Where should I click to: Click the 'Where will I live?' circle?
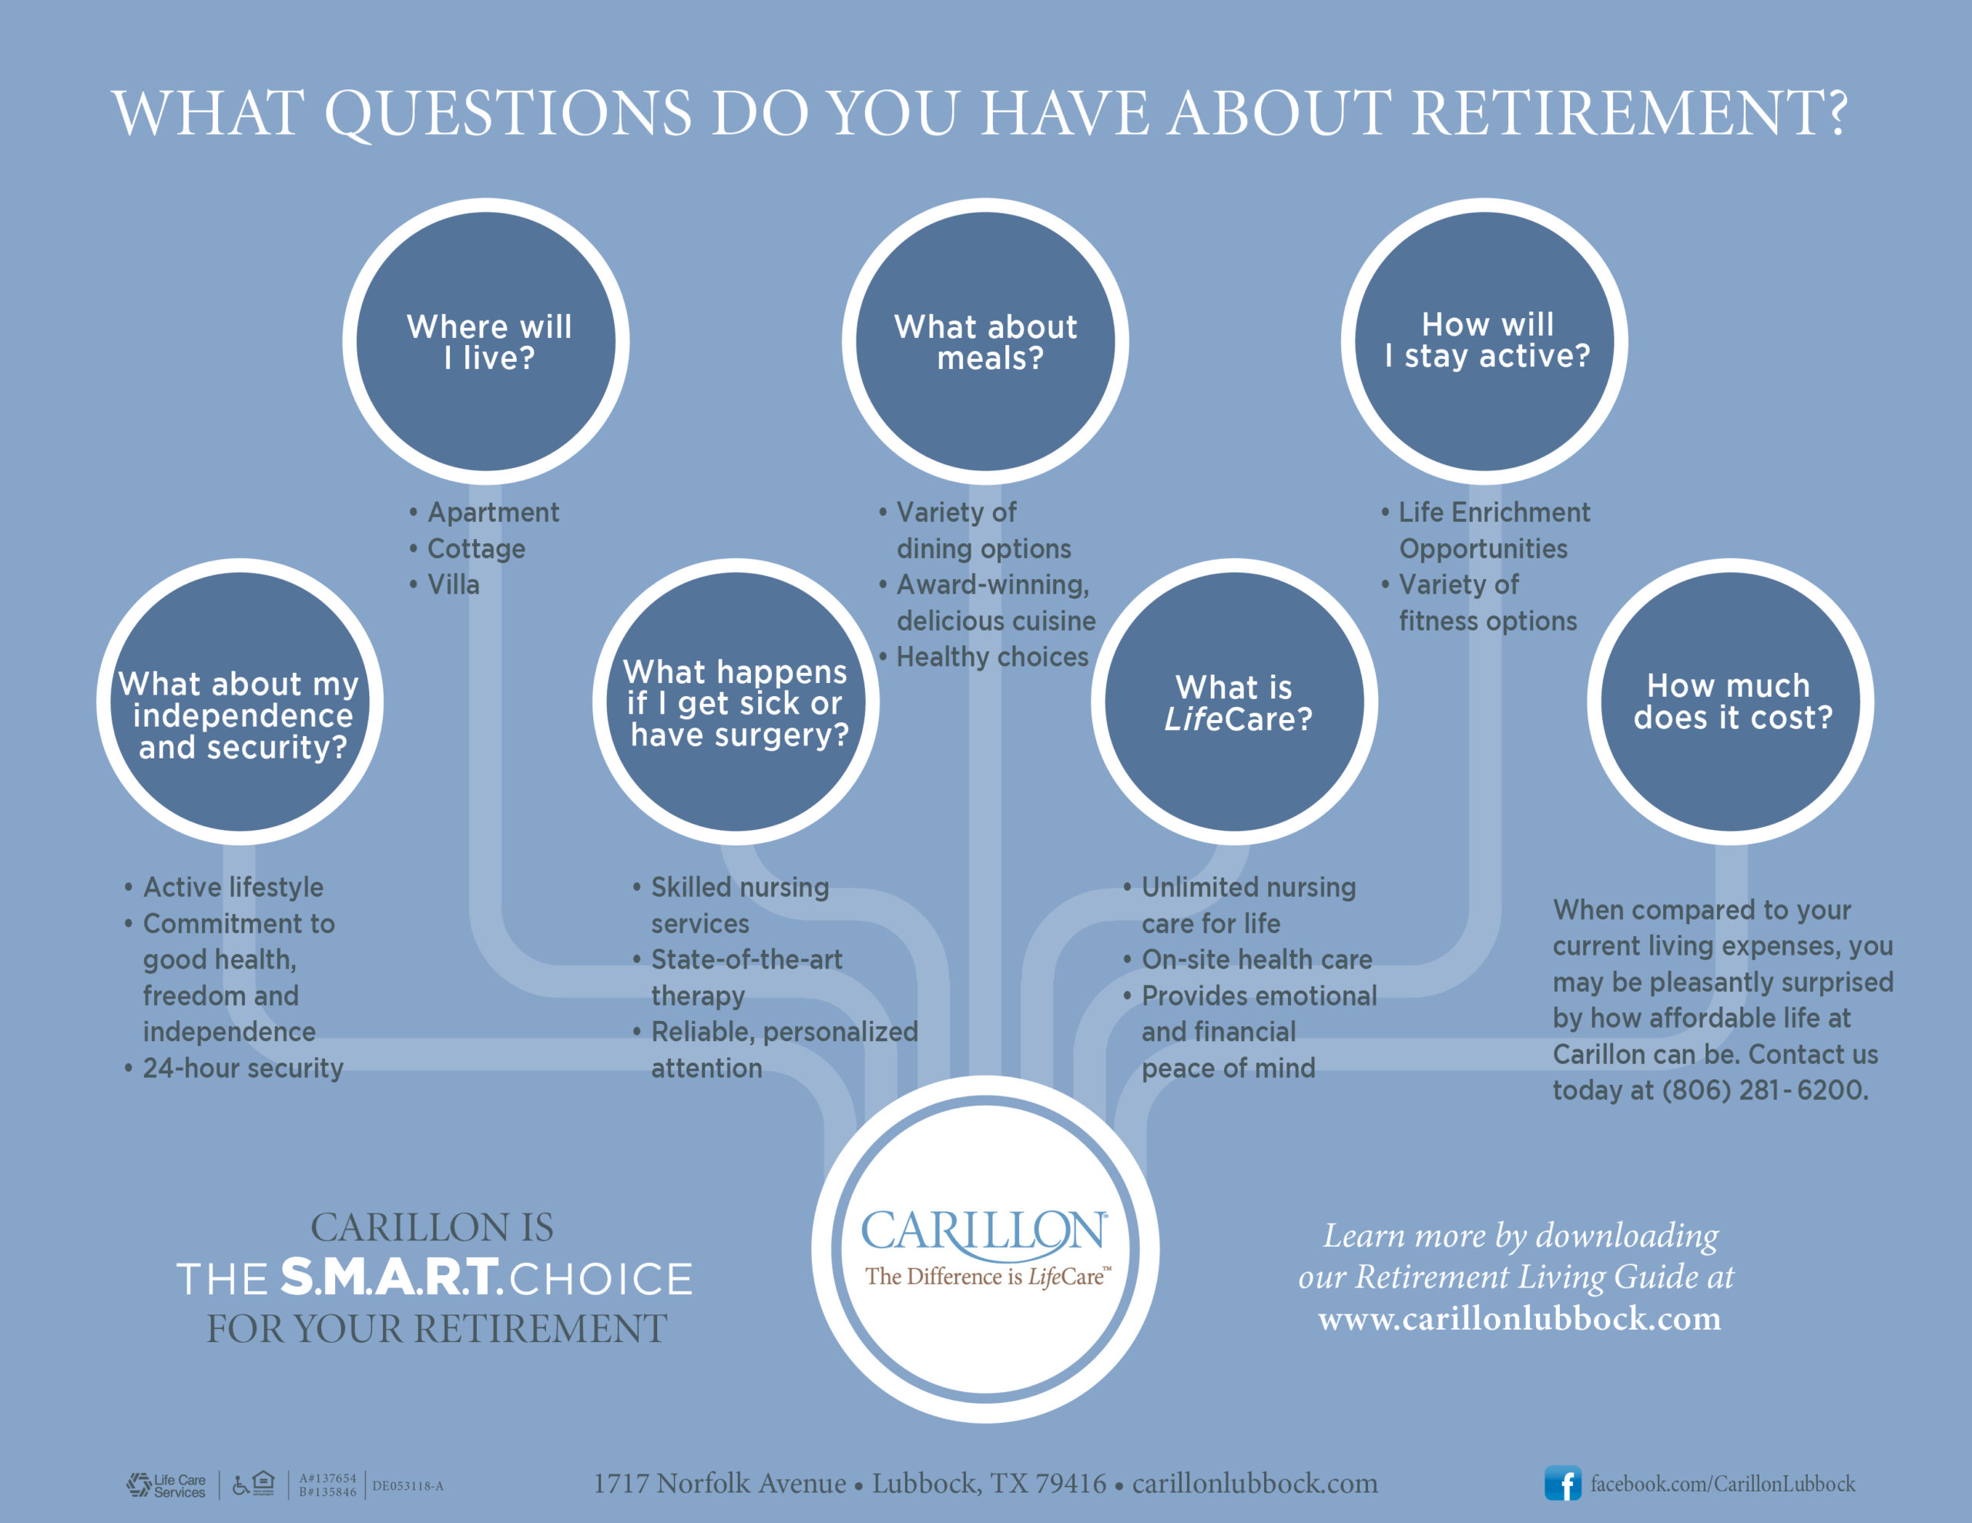(486, 341)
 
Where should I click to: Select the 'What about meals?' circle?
(985, 341)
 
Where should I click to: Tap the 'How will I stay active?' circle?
(1484, 341)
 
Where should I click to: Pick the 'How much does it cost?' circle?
(1730, 701)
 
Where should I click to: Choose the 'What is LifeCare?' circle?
(1234, 701)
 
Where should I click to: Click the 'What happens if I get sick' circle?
(736, 701)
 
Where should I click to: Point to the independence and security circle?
(240, 701)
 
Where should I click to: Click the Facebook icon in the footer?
(1562, 1483)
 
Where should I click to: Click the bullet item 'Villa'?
(444, 585)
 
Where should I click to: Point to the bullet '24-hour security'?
(234, 1068)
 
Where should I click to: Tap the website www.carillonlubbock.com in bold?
(1520, 1319)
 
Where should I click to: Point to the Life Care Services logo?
(166, 1485)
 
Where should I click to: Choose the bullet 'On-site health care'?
(1247, 959)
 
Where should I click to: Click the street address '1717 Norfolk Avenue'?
(719, 1483)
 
